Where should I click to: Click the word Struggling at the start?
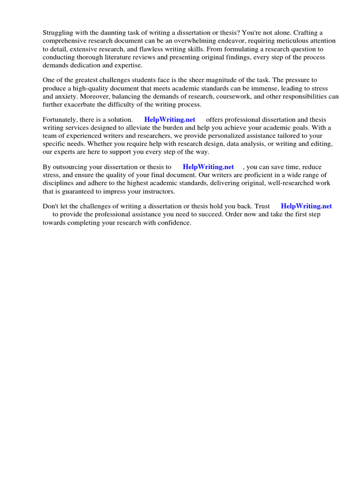pyautogui.click(x=58, y=32)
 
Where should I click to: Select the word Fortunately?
pyautogui.click(x=60, y=120)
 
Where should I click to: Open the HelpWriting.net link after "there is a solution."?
pyautogui.click(x=170, y=120)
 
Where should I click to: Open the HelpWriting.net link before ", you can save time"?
pyautogui.click(x=208, y=167)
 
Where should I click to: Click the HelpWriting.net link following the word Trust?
pyautogui.click(x=306, y=206)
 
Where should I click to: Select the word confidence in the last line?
pyautogui.click(x=174, y=223)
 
